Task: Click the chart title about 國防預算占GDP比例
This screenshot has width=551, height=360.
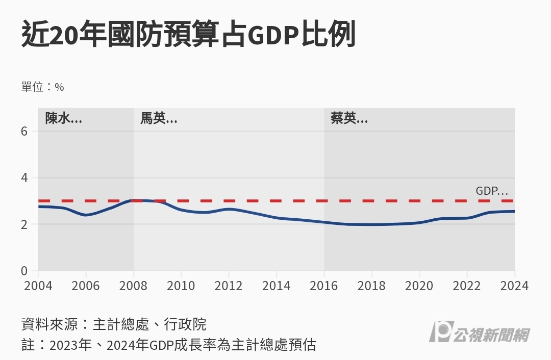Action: pyautogui.click(x=188, y=35)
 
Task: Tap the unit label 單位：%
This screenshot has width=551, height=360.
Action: pyautogui.click(x=42, y=87)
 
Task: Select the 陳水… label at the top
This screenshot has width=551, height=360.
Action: pyautogui.click(x=63, y=119)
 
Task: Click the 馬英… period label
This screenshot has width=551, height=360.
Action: pyautogui.click(x=159, y=119)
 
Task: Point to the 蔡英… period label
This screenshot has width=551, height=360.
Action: pyautogui.click(x=349, y=119)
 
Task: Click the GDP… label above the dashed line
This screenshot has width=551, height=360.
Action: pyautogui.click(x=492, y=191)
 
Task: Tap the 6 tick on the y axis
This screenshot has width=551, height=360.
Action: pyautogui.click(x=24, y=132)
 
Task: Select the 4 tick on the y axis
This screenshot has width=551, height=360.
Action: pyautogui.click(x=24, y=178)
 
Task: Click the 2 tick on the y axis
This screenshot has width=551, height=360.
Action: pyautogui.click(x=24, y=224)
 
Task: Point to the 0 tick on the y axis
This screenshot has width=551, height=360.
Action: pyautogui.click(x=24, y=271)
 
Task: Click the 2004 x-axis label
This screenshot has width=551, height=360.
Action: pyautogui.click(x=38, y=286)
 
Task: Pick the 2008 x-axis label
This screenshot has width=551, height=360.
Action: pyautogui.click(x=134, y=286)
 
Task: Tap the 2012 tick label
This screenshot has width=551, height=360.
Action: pyautogui.click(x=229, y=286)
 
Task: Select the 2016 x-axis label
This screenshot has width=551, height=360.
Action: pyautogui.click(x=324, y=286)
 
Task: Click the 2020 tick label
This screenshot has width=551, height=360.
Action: pyautogui.click(x=419, y=286)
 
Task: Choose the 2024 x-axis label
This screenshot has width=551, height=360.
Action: pyautogui.click(x=514, y=286)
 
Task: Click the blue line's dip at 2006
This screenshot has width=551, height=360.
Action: pyautogui.click(x=86, y=215)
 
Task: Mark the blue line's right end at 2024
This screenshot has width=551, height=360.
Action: pyautogui.click(x=514, y=211)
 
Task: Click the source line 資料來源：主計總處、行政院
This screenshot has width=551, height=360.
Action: pyautogui.click(x=114, y=324)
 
